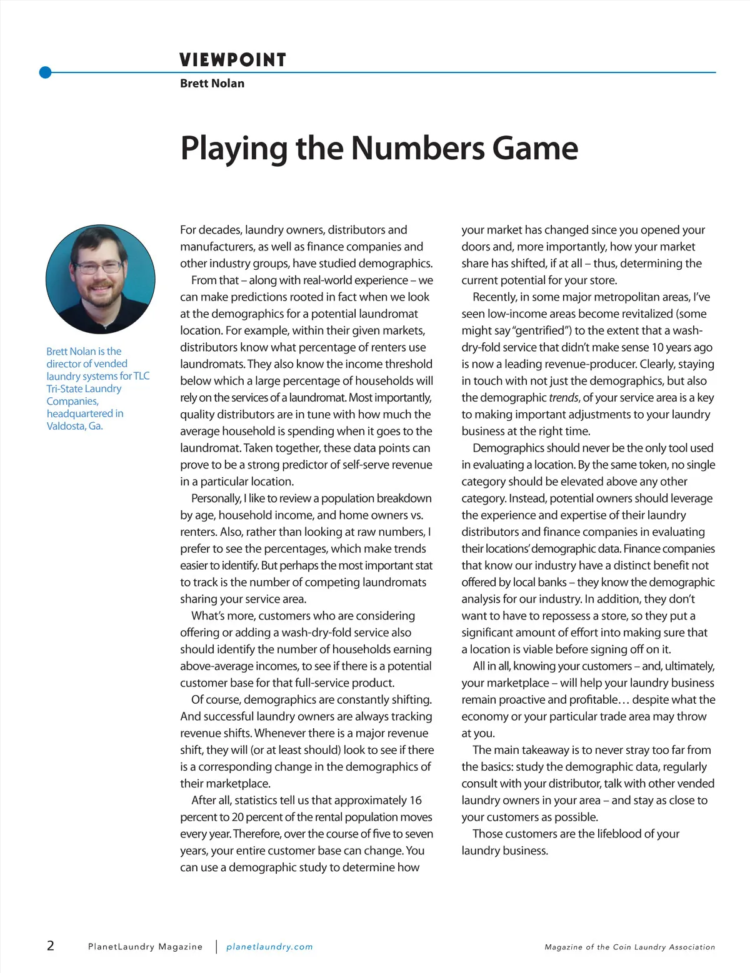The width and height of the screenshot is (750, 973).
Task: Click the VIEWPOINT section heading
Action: pyautogui.click(x=232, y=60)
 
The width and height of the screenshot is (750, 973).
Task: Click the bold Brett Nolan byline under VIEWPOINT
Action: pyautogui.click(x=212, y=83)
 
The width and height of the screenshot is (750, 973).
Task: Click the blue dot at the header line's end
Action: pyautogui.click(x=45, y=72)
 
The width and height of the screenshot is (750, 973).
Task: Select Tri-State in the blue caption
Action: pyautogui.click(x=64, y=388)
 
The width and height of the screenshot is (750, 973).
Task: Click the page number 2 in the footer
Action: pyautogui.click(x=51, y=946)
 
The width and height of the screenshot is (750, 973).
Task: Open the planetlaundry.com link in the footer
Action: pyautogui.click(x=269, y=947)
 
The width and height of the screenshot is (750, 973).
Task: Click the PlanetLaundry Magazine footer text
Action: pyautogui.click(x=145, y=947)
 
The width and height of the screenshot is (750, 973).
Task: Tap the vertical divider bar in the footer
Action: pyautogui.click(x=216, y=947)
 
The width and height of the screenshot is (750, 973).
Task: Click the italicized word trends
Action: pyautogui.click(x=563, y=398)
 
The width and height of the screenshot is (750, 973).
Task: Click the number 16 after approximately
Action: pyautogui.click(x=415, y=800)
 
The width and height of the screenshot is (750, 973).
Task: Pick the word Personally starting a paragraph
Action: pyautogui.click(x=216, y=498)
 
